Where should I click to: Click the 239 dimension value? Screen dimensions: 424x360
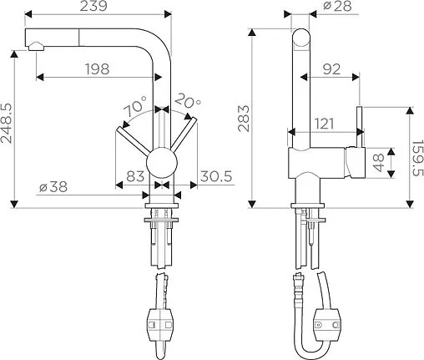[x=93, y=6]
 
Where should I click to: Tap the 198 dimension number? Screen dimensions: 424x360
[x=98, y=68]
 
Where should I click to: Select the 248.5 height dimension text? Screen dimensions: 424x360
[x=7, y=124]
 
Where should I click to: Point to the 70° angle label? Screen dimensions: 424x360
[x=135, y=106]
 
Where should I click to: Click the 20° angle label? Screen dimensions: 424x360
[x=188, y=101]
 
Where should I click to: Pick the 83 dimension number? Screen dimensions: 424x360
[x=135, y=176]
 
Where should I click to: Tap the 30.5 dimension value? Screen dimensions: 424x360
[x=216, y=176]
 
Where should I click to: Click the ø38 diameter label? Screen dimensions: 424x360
[x=53, y=186]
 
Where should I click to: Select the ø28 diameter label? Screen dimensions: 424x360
[x=337, y=6]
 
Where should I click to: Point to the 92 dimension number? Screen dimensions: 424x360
[x=331, y=69]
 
